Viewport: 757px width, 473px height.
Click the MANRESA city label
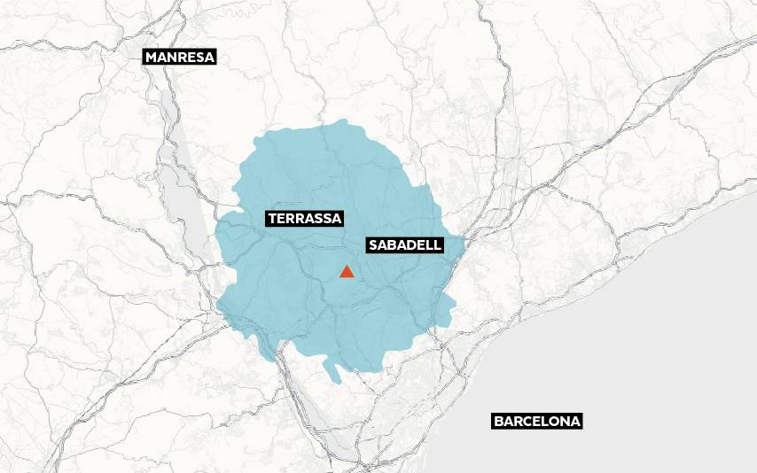coord(180,57)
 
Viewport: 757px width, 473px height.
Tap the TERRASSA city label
coord(304,217)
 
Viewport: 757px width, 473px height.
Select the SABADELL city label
coord(404,244)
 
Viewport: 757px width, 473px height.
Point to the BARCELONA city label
coord(537,422)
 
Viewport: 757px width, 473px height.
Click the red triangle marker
coord(347,271)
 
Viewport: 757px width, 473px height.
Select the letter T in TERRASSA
coord(271,217)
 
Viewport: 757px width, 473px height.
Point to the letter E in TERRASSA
coord(280,217)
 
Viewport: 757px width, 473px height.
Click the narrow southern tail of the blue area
coord(336,374)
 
